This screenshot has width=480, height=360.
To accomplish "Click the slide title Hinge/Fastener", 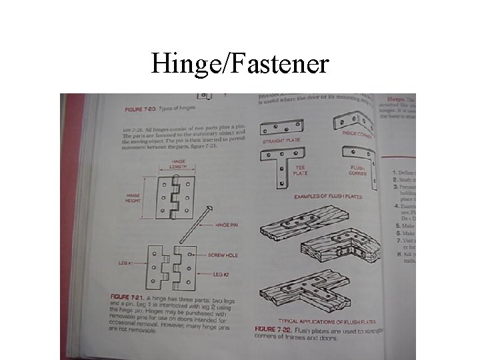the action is [x=240, y=64].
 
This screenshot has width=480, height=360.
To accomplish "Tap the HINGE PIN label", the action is [x=226, y=225].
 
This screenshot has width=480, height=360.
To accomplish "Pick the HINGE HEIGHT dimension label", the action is [x=133, y=198].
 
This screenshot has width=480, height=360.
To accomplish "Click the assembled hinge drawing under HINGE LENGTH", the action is [x=175, y=198].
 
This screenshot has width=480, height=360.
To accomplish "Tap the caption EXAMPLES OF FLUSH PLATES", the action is [x=326, y=197].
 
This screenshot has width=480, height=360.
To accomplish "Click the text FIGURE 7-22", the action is [x=275, y=329].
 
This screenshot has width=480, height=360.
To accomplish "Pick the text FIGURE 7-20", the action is [x=141, y=108].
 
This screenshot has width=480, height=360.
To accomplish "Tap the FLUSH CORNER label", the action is [x=358, y=171].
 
